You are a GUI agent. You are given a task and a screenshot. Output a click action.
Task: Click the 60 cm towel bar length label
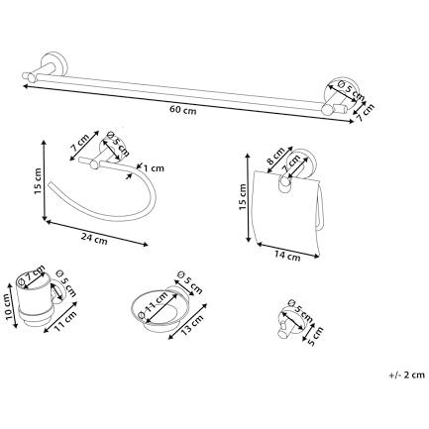[x=183, y=110]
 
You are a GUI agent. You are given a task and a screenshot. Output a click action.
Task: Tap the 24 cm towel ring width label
[x=94, y=239]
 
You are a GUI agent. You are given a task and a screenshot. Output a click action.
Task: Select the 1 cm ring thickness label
[x=154, y=168]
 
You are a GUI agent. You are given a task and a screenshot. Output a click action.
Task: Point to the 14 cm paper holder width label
[x=287, y=255]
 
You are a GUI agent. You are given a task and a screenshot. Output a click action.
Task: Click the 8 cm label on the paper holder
[x=275, y=156]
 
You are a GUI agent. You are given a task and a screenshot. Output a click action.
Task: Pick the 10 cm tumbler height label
[x=11, y=307]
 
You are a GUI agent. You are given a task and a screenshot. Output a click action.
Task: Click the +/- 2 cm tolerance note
[x=406, y=375]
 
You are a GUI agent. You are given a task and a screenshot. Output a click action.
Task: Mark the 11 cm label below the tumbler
[x=65, y=320]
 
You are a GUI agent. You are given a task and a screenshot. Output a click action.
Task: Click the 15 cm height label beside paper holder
[x=243, y=197]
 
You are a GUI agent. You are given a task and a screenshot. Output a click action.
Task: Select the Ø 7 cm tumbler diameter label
[x=32, y=275]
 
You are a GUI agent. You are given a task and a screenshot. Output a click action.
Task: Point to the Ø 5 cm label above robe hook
[x=300, y=311]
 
